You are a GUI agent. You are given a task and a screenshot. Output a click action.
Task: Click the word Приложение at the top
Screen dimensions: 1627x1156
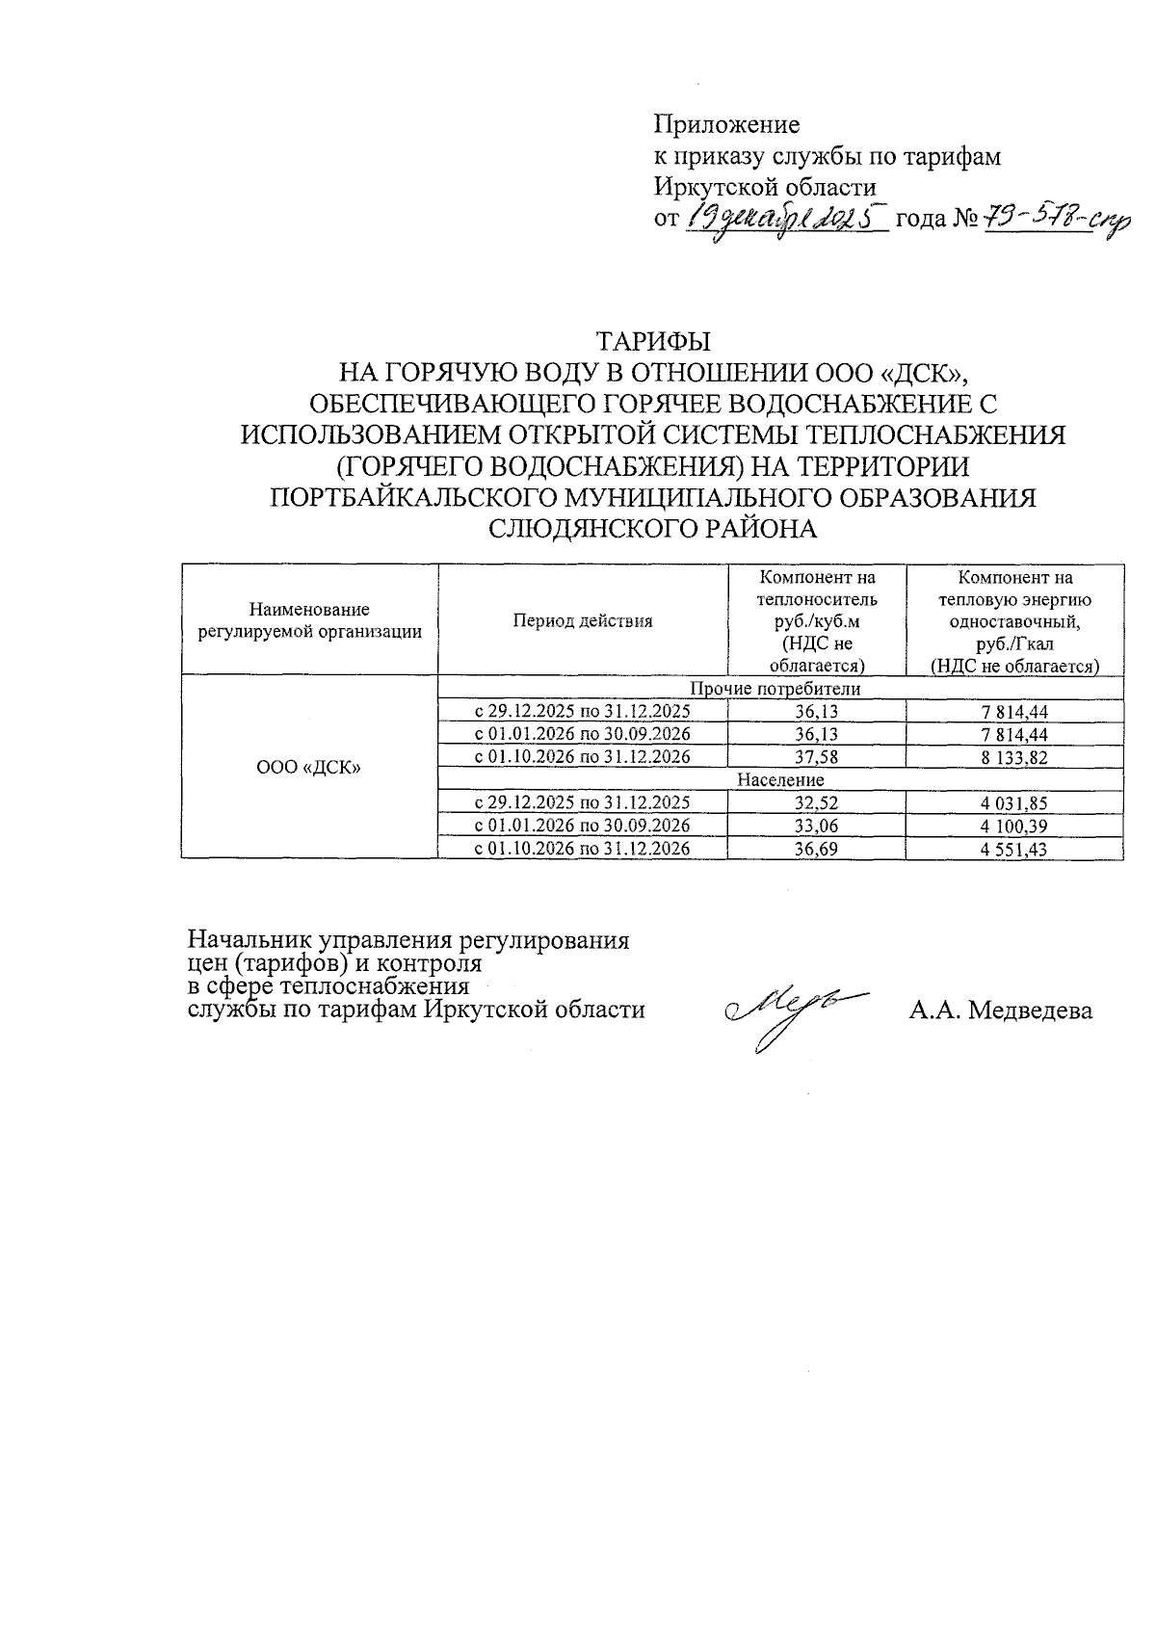(726, 125)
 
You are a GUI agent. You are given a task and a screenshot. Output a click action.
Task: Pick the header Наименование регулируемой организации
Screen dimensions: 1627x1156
(309, 621)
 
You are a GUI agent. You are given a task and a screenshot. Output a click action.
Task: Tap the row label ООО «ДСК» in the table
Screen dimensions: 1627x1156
(309, 768)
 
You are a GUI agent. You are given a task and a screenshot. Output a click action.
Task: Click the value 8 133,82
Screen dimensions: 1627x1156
(1014, 758)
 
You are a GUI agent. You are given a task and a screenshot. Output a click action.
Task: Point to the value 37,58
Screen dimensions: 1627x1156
(816, 758)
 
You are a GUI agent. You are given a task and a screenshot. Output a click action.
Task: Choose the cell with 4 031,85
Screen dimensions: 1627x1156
(1014, 803)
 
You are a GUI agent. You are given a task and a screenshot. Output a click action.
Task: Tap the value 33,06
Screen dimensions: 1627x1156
(816, 827)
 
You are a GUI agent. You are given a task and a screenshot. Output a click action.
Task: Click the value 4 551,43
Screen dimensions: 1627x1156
(1014, 850)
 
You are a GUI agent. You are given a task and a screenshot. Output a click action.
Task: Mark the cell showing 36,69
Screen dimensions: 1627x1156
(816, 850)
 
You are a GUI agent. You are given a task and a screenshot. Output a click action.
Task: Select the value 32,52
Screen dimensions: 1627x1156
(816, 803)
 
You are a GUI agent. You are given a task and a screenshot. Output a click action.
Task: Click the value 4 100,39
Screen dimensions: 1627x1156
(1014, 827)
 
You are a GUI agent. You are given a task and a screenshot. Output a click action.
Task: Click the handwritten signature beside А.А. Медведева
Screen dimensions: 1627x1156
(790, 1011)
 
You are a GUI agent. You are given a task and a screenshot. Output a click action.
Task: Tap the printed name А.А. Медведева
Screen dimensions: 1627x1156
(1000, 1010)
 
